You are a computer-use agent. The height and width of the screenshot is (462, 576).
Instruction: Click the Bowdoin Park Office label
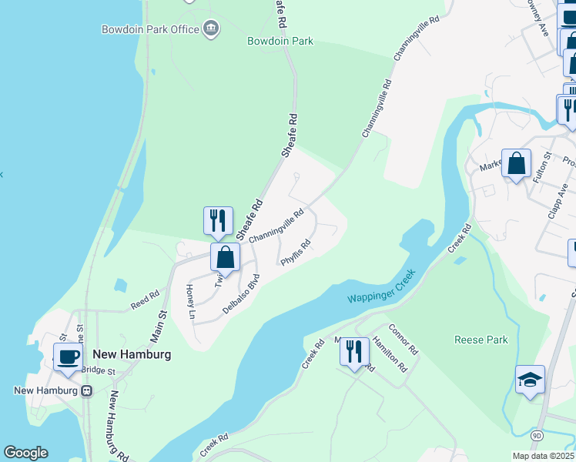151,30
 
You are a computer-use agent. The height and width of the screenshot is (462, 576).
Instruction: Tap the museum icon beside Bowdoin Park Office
210,30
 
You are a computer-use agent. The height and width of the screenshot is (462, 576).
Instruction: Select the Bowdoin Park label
280,41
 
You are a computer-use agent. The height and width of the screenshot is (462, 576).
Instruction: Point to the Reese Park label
481,340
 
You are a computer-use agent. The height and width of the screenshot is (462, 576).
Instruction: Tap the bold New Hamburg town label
131,354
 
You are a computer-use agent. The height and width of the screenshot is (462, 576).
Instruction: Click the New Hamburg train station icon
87,390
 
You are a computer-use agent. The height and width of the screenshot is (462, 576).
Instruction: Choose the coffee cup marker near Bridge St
68,357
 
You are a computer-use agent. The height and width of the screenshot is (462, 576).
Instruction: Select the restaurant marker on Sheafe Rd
218,220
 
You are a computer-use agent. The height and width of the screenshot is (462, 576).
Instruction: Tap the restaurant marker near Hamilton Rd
354,352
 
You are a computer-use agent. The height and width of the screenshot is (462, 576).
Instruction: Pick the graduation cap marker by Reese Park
530,380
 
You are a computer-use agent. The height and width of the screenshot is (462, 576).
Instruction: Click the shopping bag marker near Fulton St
516,162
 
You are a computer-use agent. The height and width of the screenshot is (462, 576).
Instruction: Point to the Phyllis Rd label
296,253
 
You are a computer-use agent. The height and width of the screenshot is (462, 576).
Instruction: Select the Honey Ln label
190,300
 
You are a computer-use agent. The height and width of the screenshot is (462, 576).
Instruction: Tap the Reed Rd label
145,300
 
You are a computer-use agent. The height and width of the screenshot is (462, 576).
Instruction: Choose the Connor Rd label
403,339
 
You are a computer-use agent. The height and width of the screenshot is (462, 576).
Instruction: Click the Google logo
25,453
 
